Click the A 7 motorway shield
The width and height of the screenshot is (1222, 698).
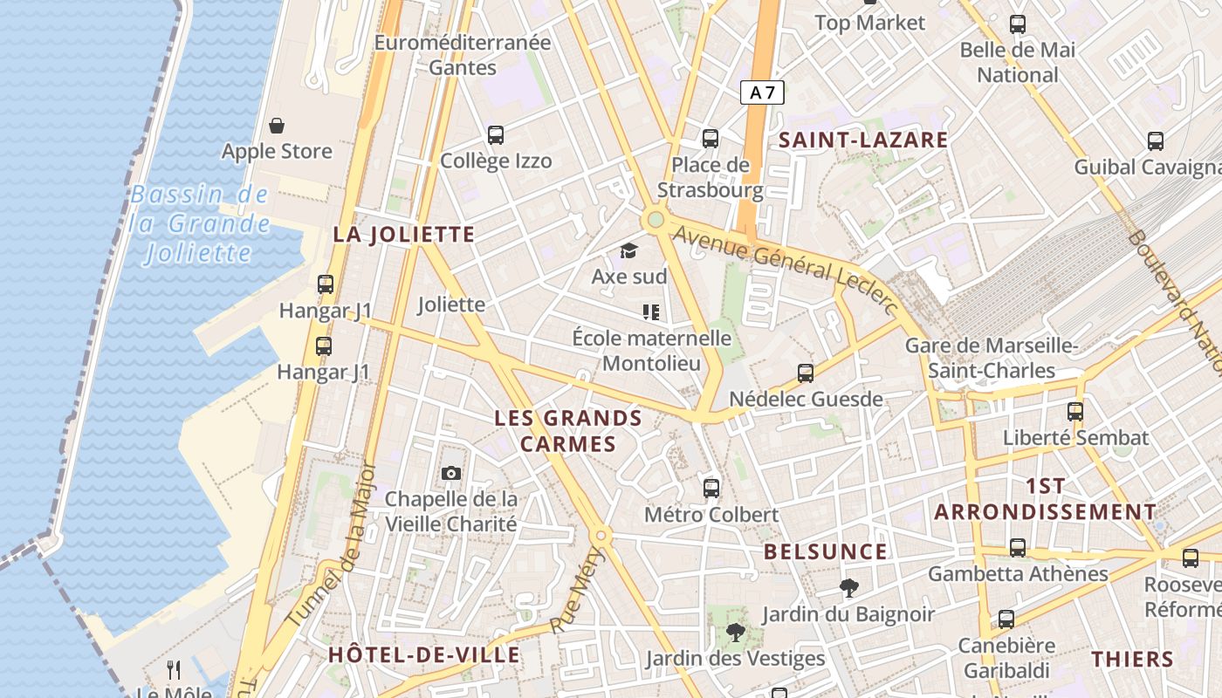(762, 92)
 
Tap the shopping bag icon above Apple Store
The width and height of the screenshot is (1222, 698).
(277, 127)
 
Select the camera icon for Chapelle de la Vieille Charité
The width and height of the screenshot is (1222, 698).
(450, 473)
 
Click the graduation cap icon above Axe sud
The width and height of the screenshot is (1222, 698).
(628, 252)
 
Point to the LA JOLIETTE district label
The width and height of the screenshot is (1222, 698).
(404, 234)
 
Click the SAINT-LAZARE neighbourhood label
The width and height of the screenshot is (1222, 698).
(862, 140)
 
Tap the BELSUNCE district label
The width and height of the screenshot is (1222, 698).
(825, 551)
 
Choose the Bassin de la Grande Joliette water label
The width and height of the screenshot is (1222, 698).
(200, 224)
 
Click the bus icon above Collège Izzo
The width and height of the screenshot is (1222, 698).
(496, 135)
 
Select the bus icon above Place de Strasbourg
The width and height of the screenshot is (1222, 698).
(711, 139)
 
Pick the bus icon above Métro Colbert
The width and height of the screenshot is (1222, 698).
(711, 489)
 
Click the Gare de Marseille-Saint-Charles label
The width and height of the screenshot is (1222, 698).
(992, 358)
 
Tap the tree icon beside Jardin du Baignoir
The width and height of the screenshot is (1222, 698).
(848, 588)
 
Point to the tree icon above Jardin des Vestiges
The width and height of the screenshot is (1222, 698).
(735, 633)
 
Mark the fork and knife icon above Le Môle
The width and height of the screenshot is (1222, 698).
(174, 670)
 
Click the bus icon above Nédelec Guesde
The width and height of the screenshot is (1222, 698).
(806, 373)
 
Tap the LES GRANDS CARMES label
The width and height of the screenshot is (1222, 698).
(568, 431)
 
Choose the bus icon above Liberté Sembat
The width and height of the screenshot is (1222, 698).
(1075, 412)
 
